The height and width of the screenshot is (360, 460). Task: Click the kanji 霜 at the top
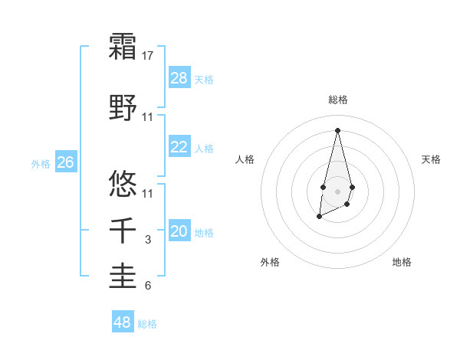(x=123, y=47)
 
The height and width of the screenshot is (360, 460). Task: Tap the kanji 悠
(x=123, y=183)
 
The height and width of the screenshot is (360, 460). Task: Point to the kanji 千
(x=123, y=231)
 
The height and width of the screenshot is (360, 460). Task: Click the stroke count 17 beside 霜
(x=149, y=56)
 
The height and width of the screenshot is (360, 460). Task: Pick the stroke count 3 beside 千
(x=149, y=240)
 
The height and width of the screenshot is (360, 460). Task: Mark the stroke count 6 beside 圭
(x=149, y=286)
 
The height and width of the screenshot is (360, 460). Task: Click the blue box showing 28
(x=179, y=78)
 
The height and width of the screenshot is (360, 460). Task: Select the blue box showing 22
(x=179, y=147)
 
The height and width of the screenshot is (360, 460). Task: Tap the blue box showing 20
(x=179, y=231)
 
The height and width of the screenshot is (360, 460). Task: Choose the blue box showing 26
(x=66, y=162)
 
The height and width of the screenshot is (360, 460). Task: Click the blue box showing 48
(x=123, y=322)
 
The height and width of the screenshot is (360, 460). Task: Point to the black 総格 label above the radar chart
(x=338, y=100)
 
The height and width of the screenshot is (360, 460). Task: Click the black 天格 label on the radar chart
(x=432, y=159)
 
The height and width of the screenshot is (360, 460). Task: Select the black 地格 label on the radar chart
(x=402, y=262)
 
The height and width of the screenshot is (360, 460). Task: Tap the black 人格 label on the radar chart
(x=245, y=159)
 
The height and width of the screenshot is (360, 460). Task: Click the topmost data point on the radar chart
(x=337, y=129)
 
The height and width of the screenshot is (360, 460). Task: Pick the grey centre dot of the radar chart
(x=337, y=191)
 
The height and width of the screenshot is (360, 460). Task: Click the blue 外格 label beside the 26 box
(x=40, y=163)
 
